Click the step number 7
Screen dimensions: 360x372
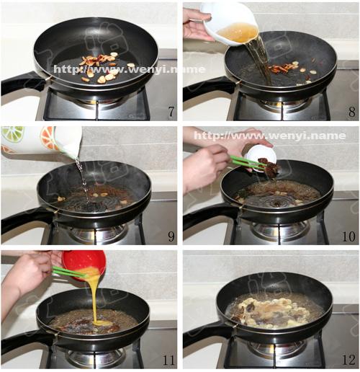[x=171, y=112]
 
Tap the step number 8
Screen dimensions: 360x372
[x=352, y=112]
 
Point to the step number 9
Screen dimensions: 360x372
[x=171, y=236]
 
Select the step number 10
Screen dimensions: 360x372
[x=348, y=236]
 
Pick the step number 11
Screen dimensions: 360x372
[x=168, y=360]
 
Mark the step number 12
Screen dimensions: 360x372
[x=348, y=360]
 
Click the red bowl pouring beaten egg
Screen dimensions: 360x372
[x=84, y=263]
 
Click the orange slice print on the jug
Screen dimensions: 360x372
[x=49, y=138]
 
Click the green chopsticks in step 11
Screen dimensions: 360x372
[x=70, y=272]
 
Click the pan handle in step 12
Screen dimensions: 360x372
[x=207, y=332]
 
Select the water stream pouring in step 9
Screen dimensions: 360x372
[x=83, y=180]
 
